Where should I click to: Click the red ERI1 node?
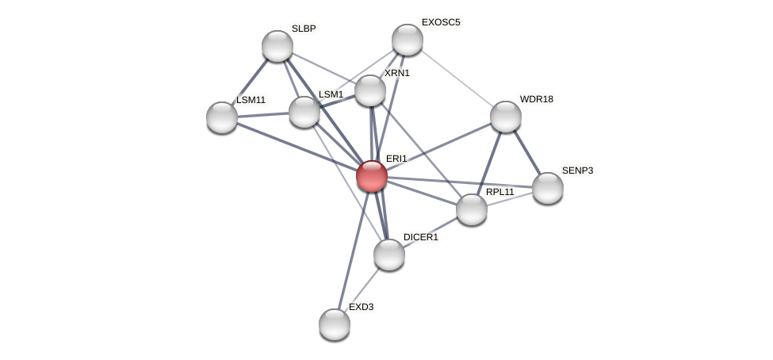371,175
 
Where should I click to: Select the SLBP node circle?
277,46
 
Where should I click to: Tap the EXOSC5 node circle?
408,40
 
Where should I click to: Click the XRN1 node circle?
369,90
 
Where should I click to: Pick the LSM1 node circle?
304,112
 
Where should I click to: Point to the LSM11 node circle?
222,117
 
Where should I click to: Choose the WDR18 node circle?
506,117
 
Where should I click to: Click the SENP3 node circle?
548,188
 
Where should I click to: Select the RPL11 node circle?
472,209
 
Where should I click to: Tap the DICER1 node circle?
389,255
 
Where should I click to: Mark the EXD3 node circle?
335,324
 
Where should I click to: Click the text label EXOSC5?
440,22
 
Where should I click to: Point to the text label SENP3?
577,170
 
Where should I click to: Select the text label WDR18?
536,99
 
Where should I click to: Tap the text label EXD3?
361,307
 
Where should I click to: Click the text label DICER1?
420,237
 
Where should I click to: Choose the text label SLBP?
304,29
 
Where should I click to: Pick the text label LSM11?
251,100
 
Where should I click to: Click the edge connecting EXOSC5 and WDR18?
457,78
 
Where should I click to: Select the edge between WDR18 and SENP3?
526,152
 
